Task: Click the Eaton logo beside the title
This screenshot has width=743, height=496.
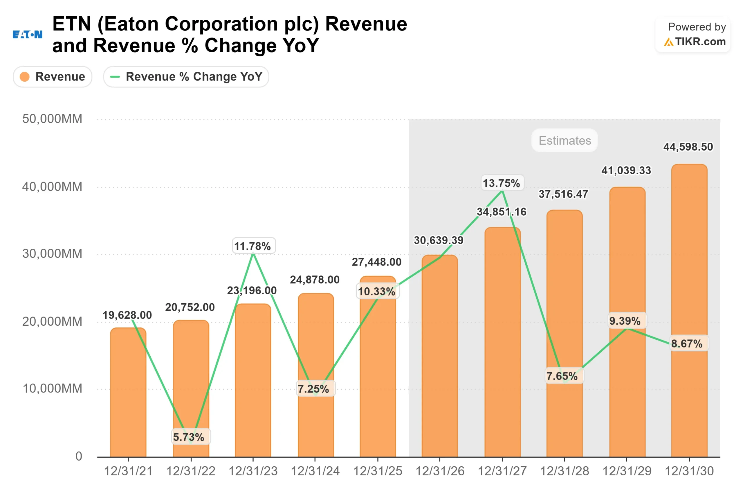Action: pyautogui.click(x=27, y=34)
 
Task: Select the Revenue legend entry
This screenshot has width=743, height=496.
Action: pyautogui.click(x=53, y=76)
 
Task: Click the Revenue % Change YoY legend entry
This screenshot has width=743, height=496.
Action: pyautogui.click(x=186, y=76)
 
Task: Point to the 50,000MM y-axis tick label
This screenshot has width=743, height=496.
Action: pyautogui.click(x=52, y=119)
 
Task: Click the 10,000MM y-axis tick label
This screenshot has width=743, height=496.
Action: pyautogui.click(x=52, y=388)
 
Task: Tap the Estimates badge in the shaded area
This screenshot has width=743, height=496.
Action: pyautogui.click(x=565, y=140)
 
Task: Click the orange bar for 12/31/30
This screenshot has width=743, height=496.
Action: pyautogui.click(x=689, y=316)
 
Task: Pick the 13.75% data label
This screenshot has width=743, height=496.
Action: pyautogui.click(x=501, y=183)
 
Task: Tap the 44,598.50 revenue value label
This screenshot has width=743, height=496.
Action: pyautogui.click(x=688, y=147)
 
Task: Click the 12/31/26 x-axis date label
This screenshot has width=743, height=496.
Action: pyautogui.click(x=440, y=471)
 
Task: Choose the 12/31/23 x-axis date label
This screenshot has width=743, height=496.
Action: pyautogui.click(x=253, y=471)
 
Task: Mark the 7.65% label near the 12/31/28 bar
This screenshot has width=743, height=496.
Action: pyautogui.click(x=562, y=376)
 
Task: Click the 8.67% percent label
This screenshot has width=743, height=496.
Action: pyautogui.click(x=687, y=343)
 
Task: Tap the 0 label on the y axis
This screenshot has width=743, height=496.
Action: pyautogui.click(x=79, y=456)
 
